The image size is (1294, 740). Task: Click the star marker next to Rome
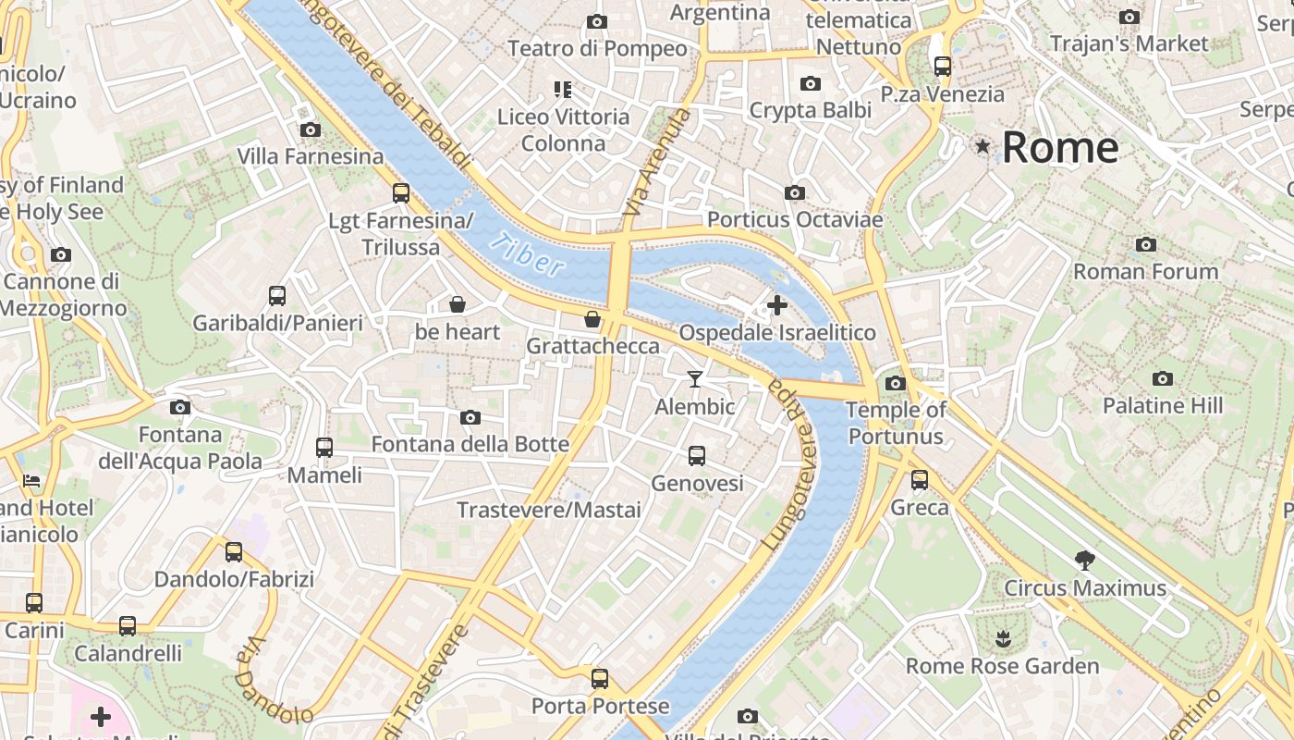[983, 146]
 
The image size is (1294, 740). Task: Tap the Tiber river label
[526, 254]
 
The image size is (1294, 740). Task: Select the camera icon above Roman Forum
[1146, 245]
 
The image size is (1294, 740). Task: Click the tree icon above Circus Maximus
[1085, 560]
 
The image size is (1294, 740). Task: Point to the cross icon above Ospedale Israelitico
[777, 304]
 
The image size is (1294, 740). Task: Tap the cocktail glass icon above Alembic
[695, 379]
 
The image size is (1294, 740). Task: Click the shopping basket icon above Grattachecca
[592, 319]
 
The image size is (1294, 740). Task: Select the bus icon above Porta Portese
[600, 679]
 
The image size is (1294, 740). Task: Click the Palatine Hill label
[1162, 405]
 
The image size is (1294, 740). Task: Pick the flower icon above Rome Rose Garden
[1003, 638]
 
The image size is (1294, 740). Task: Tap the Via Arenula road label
[657, 163]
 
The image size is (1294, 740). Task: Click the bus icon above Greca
[920, 480]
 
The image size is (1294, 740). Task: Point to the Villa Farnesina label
[311, 156]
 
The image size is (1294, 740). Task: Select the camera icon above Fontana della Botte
[470, 417]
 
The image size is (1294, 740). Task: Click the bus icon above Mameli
[324, 448]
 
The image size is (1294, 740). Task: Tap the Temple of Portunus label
[896, 423]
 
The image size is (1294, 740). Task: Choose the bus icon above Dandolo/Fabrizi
[234, 552]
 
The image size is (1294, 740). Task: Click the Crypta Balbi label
[810, 110]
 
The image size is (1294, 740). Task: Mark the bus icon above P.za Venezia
[943, 67]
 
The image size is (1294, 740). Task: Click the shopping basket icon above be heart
[457, 304]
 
